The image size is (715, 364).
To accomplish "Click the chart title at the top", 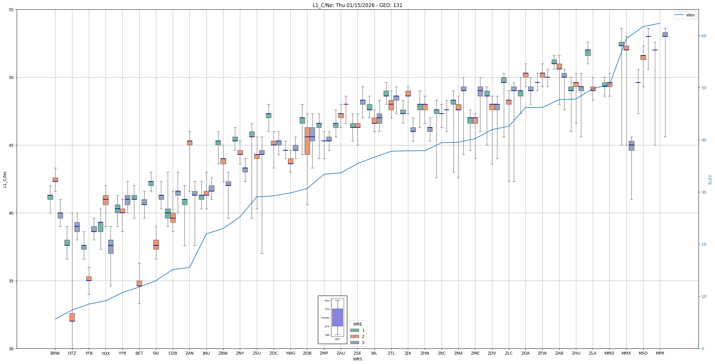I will click(357, 5).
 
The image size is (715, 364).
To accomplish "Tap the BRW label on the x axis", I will click(55, 353).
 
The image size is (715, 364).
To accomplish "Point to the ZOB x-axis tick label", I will click(307, 353).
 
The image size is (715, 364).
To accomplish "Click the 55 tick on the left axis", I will click(11, 10).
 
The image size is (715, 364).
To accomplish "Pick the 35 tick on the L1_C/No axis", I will click(11, 281).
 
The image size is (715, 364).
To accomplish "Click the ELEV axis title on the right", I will click(710, 179).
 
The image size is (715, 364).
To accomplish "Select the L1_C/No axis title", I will click(5, 179).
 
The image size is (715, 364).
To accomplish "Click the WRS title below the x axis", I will click(357, 359).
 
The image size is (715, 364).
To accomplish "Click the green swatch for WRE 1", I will click(355, 330).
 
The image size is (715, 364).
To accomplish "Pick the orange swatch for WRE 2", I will click(355, 336).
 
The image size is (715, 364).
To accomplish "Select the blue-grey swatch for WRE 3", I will click(355, 343).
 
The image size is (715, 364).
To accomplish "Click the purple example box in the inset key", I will click(337, 317).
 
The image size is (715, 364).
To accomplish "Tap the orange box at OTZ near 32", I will click(72, 317).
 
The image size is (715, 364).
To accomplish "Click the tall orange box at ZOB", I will click(307, 141).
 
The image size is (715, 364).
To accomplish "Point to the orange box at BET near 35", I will click(139, 283).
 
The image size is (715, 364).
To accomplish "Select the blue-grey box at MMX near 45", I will click(631, 146).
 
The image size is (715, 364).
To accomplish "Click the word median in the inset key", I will click(325, 318).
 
